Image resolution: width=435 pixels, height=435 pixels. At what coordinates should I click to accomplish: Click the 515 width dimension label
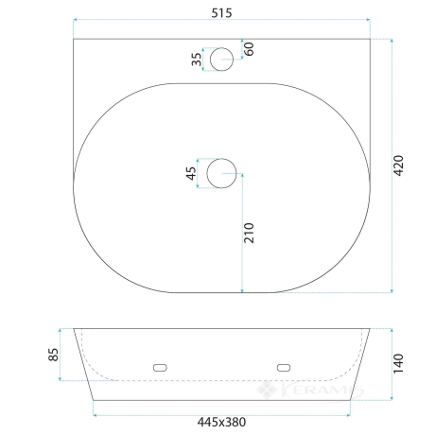point(221,13)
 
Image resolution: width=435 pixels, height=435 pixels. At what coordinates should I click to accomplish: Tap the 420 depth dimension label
point(398,165)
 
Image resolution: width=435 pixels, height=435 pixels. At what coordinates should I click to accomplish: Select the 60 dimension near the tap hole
point(249,49)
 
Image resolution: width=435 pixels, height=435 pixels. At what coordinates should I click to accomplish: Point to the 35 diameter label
point(196,60)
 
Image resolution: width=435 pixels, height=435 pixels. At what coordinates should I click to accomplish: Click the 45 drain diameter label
point(191,173)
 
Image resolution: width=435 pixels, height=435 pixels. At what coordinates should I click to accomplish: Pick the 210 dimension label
point(249,233)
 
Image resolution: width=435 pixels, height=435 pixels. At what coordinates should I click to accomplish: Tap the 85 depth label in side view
point(53,355)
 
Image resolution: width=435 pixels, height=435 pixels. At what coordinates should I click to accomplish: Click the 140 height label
point(398,363)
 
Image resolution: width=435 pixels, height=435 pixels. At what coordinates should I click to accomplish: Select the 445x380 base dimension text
point(221,422)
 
